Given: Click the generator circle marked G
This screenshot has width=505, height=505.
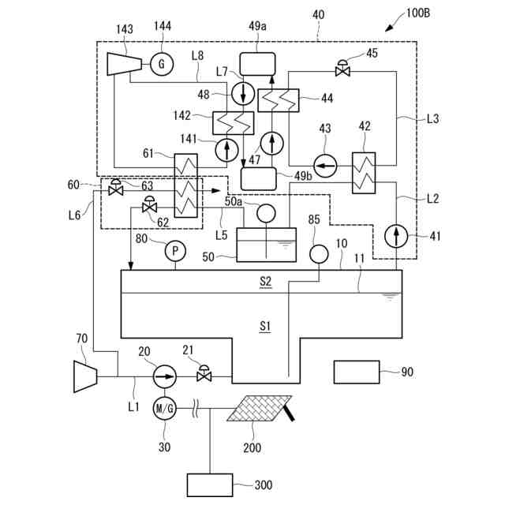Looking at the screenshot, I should tap(162, 63).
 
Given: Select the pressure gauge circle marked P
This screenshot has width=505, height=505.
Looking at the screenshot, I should tap(174, 252).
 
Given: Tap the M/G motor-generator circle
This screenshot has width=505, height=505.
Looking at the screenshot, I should tap(164, 408).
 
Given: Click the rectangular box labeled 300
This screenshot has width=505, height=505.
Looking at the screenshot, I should tap(210, 484).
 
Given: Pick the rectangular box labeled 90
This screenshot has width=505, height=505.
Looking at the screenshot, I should tap(357, 372).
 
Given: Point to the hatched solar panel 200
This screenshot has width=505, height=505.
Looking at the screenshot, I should tap(258, 408).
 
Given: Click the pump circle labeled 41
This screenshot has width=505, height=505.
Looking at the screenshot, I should tap(397, 235).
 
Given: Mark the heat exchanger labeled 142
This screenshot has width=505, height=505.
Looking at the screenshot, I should tap(233, 122).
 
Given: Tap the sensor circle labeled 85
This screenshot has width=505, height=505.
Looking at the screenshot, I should tap(319, 253).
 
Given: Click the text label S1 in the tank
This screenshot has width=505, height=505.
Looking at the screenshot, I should tap(266, 324).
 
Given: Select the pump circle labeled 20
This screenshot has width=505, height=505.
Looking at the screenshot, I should tap(164, 376).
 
